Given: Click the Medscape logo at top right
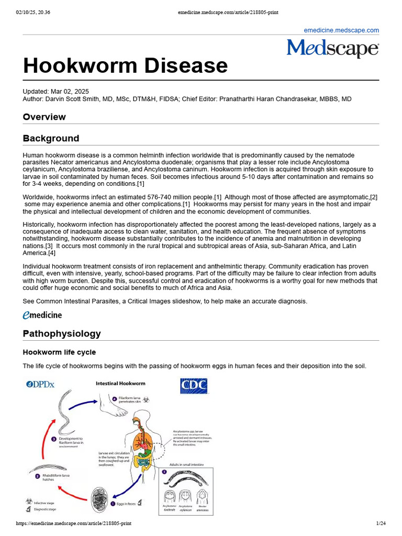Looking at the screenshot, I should click(x=332, y=49).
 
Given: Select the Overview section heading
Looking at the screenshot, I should click(x=44, y=117).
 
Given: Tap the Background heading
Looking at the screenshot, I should click(x=51, y=138).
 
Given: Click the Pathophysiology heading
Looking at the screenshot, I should click(x=62, y=333).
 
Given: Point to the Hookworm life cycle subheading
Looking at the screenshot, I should click(x=59, y=352).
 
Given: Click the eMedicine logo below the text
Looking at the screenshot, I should click(x=42, y=315).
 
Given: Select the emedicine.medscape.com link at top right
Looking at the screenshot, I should click(x=341, y=30).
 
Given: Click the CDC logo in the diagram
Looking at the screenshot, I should click(x=194, y=386).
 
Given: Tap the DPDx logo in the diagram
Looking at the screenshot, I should click(x=40, y=385).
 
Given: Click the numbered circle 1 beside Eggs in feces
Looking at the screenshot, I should click(x=113, y=504).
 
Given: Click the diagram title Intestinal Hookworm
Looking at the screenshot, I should click(x=120, y=384).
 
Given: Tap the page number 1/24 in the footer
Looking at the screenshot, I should click(x=381, y=523).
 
